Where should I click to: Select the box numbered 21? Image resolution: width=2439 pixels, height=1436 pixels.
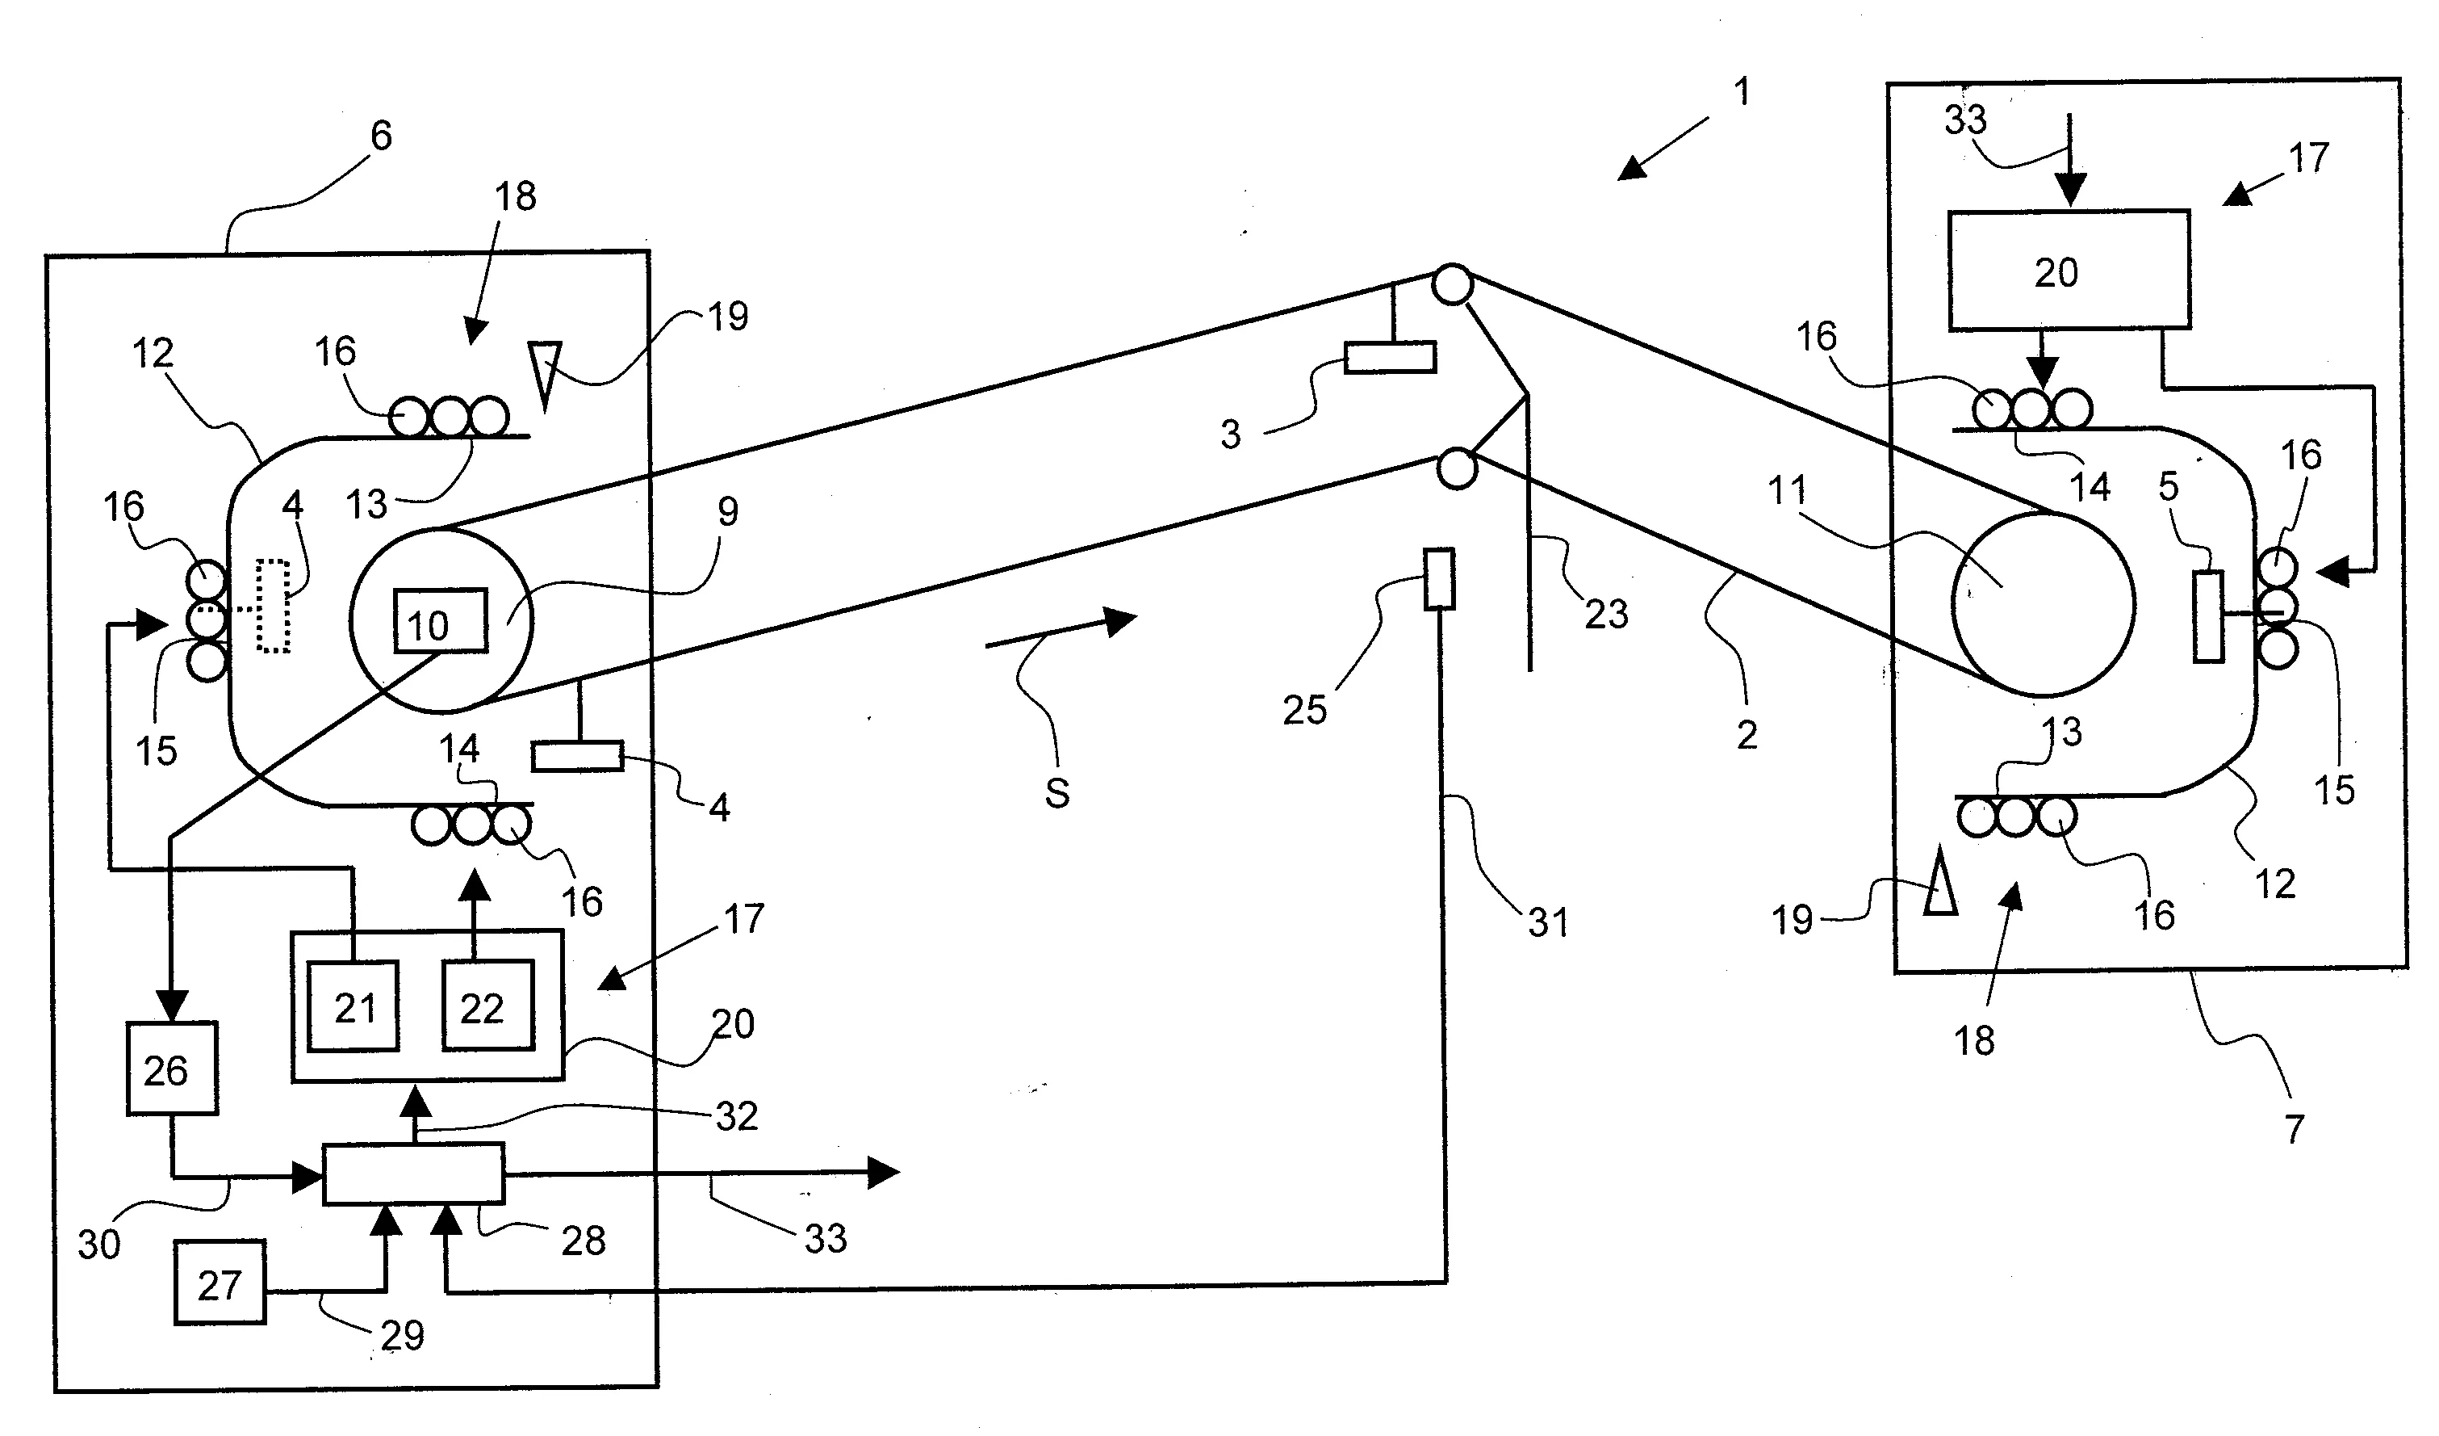tap(354, 1007)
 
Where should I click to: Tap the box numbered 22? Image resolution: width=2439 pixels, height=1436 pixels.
tap(487, 1007)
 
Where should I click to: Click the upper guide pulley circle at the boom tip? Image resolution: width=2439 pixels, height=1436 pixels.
tap(1453, 286)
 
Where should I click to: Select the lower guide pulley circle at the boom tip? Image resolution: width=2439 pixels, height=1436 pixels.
tap(1457, 468)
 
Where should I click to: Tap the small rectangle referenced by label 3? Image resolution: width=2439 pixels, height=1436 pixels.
tap(1390, 357)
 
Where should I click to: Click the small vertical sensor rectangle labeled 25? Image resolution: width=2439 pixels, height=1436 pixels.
tap(1439, 579)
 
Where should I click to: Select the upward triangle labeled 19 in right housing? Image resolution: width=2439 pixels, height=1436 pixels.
tap(1939, 886)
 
